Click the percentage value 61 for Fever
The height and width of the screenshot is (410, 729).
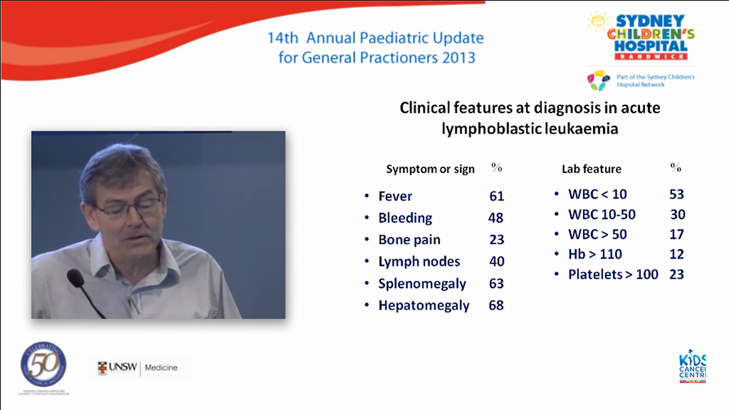497,196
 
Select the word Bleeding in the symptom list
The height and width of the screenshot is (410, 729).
405,218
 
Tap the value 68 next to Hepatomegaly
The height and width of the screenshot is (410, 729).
496,305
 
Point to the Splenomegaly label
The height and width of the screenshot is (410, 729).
422,284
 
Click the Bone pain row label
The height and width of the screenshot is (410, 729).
409,240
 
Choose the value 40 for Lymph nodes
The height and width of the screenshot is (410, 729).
497,262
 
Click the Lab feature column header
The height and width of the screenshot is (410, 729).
591,169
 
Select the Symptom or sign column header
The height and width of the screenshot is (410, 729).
430,169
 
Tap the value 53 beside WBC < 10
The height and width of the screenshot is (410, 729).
677,194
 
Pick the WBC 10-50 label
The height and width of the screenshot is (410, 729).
601,215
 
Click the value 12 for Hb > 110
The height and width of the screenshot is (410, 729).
677,255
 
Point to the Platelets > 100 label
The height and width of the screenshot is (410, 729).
613,274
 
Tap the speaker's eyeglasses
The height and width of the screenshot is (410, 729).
128,208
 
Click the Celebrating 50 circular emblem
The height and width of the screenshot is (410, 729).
43,365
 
